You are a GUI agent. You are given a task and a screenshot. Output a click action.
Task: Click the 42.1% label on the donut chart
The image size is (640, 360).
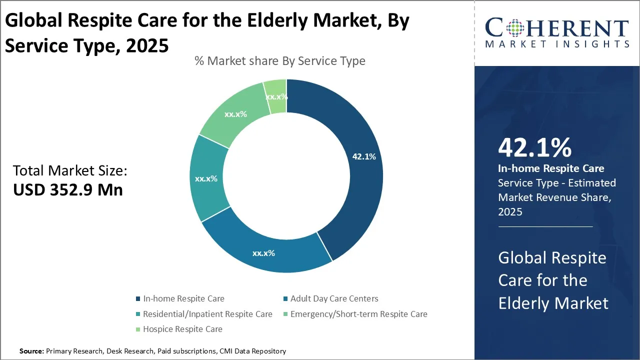pos(364,156)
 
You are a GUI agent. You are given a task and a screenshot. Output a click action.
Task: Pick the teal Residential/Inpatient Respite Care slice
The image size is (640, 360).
pos(206,178)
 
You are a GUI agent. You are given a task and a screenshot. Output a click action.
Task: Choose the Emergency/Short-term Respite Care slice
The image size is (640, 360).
pos(235,114)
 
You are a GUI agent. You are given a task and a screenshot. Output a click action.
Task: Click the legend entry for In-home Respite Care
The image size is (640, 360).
pos(183,298)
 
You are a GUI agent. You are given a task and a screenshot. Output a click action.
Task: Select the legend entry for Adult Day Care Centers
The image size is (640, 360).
pos(334,298)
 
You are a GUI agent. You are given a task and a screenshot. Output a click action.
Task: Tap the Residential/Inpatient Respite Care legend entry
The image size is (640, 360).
pos(207,314)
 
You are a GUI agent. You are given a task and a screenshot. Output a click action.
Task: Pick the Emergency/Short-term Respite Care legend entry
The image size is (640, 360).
pos(358,314)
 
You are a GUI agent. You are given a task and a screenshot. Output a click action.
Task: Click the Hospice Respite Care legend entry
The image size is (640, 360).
pos(182,329)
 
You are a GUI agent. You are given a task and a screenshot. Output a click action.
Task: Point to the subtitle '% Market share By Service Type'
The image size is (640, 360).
pos(279,61)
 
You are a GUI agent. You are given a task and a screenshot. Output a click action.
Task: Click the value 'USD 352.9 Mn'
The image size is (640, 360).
pos(68,190)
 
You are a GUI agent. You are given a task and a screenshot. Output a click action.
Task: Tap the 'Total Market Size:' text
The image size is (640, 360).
pos(70,171)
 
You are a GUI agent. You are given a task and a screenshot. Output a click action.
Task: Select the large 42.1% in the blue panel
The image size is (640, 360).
pos(534,148)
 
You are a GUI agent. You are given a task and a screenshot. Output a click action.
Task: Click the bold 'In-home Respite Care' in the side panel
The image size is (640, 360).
pos(551,168)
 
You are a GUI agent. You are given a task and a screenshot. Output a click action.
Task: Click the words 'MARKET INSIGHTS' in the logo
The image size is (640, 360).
pos(557,44)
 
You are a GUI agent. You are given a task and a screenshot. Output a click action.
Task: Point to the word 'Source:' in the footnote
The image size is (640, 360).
pos(31,351)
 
